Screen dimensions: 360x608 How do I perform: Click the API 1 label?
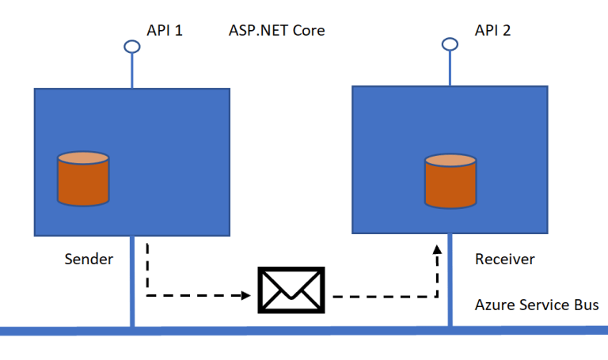click(x=165, y=31)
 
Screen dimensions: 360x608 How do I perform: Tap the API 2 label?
click(x=492, y=31)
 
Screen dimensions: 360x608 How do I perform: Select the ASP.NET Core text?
click(x=276, y=31)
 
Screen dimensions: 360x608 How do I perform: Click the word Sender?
click(x=89, y=260)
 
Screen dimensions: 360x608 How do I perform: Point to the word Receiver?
click(x=504, y=260)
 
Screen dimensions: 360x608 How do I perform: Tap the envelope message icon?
click(x=291, y=290)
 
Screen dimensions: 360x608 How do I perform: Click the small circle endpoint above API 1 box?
click(x=132, y=47)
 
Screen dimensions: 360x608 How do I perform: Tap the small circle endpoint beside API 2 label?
click(x=450, y=44)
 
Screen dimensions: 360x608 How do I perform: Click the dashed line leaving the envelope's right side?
click(x=380, y=297)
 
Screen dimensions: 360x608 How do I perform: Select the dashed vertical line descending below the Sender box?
click(x=146, y=269)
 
